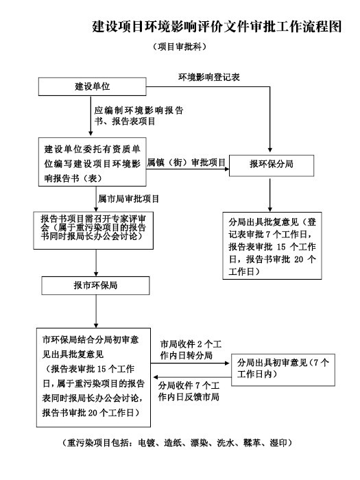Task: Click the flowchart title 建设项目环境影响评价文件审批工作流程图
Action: pos(217,27)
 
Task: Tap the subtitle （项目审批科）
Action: pos(180,47)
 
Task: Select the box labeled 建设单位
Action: pos(92,86)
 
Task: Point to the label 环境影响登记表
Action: pos(209,77)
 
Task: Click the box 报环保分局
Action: pos(272,165)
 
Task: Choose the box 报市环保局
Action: pos(95,286)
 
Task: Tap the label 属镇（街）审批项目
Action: pos(187,163)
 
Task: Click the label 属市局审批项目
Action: pos(129,199)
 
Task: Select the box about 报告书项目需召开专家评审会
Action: pos(93,230)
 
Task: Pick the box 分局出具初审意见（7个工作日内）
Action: pos(283,370)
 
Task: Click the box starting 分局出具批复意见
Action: pos(272,245)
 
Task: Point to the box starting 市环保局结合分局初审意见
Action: pos(93,377)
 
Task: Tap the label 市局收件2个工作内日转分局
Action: pos(191,350)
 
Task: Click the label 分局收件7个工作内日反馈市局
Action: pos(189,392)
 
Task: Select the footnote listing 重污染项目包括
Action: pos(177,443)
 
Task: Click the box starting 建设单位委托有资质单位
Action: pos(92,162)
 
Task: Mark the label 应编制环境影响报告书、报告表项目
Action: pos(139,116)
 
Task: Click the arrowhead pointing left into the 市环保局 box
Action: pos(156,377)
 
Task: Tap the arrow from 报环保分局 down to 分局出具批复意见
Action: pos(270,195)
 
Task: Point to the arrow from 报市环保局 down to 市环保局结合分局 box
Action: pos(96,311)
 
